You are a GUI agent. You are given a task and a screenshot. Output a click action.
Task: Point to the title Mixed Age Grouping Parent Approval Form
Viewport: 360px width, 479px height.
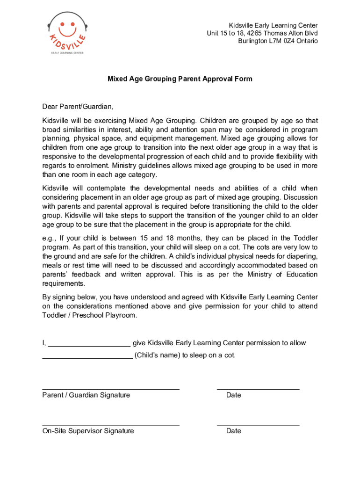(x=180, y=79)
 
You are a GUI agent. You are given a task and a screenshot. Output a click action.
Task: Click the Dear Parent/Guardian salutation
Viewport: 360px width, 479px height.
(x=78, y=106)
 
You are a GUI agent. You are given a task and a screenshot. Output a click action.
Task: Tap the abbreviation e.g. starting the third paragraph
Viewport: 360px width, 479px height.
(x=50, y=238)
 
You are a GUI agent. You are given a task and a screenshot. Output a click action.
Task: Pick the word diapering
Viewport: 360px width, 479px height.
(x=302, y=256)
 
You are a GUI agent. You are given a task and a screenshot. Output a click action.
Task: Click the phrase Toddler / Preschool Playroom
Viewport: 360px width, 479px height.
(x=90, y=315)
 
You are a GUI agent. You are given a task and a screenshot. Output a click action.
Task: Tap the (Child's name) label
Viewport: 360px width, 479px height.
(x=157, y=355)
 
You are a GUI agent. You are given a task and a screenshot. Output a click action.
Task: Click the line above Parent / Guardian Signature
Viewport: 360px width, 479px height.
(x=111, y=389)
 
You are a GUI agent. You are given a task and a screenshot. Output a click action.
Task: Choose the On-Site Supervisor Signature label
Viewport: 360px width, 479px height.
(x=88, y=431)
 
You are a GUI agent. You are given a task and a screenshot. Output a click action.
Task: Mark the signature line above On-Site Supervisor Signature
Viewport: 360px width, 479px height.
(x=111, y=425)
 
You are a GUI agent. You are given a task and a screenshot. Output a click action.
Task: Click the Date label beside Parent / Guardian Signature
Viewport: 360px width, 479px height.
(x=233, y=395)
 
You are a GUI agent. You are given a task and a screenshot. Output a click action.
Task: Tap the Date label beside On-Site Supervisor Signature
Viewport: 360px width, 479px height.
(x=233, y=431)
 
